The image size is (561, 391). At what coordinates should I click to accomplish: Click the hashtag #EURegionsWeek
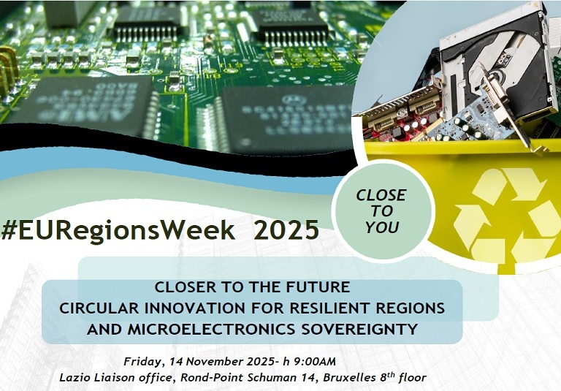pos(120,230)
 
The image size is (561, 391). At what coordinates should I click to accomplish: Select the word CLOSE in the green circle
pos(381,196)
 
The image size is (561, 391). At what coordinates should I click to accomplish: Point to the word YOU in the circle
pos(382,227)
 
